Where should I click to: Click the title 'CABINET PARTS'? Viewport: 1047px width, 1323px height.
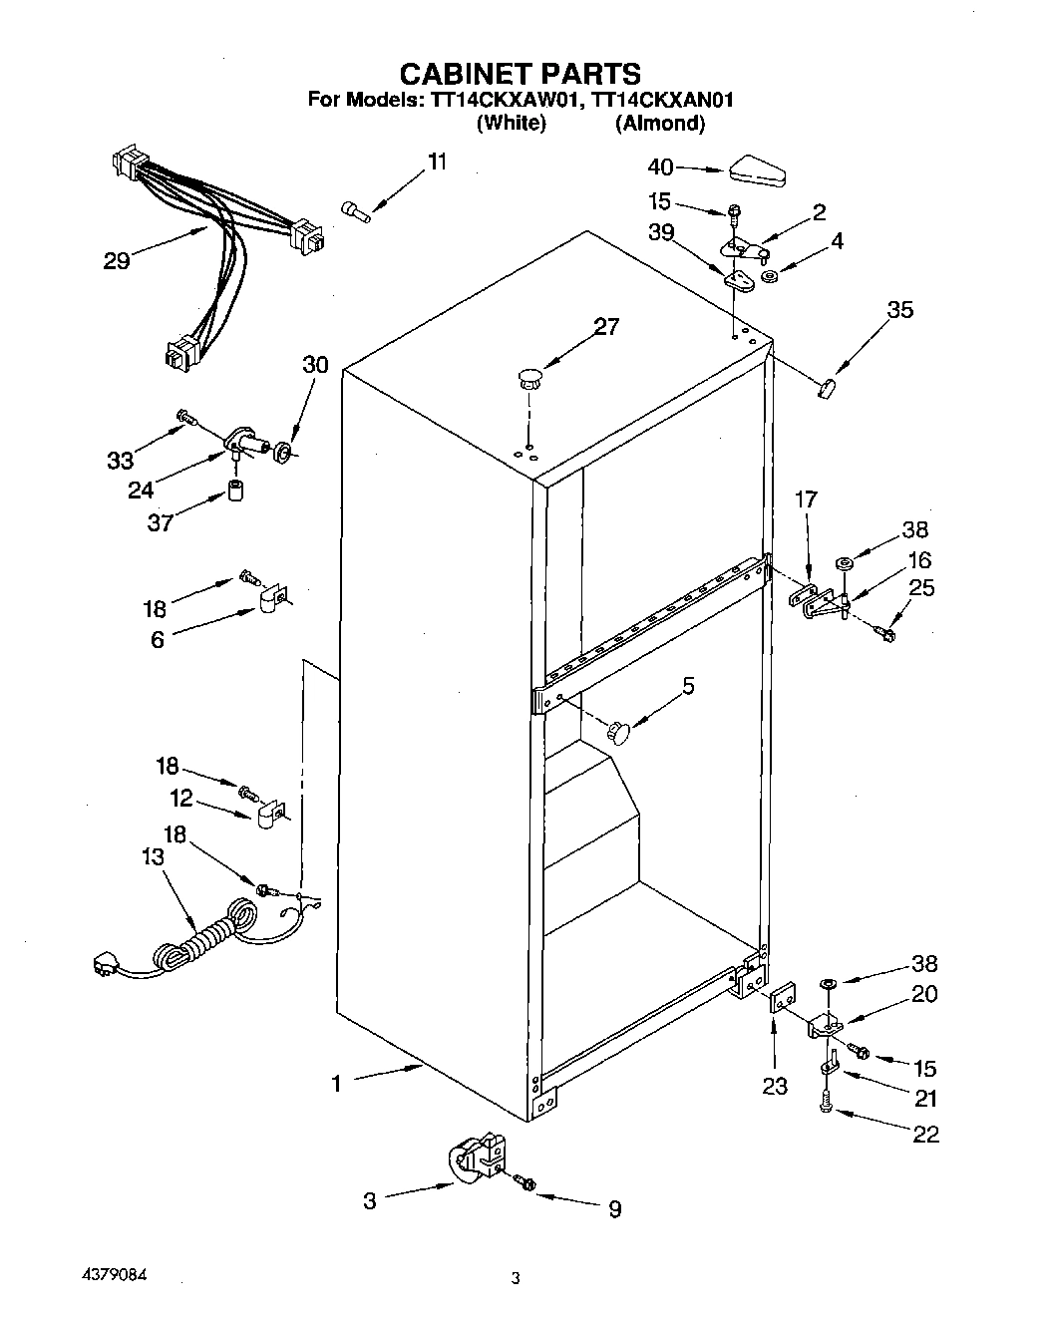[x=520, y=73]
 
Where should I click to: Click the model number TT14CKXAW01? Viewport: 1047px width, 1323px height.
[x=504, y=100]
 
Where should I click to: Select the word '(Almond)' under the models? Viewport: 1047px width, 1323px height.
[x=660, y=124]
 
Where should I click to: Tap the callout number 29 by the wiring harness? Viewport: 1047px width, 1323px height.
[x=117, y=261]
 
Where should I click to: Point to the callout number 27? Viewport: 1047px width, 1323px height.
[x=606, y=326]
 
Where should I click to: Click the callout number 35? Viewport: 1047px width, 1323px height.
[x=900, y=310]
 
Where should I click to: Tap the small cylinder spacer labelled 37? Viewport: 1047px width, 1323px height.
[x=236, y=492]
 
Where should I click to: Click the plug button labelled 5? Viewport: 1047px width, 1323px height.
[x=620, y=733]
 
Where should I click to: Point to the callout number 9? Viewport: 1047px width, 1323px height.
[x=615, y=1209]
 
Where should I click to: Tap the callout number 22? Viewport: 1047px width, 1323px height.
[x=924, y=1135]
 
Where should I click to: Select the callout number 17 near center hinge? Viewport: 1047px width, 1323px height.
[x=806, y=498]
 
